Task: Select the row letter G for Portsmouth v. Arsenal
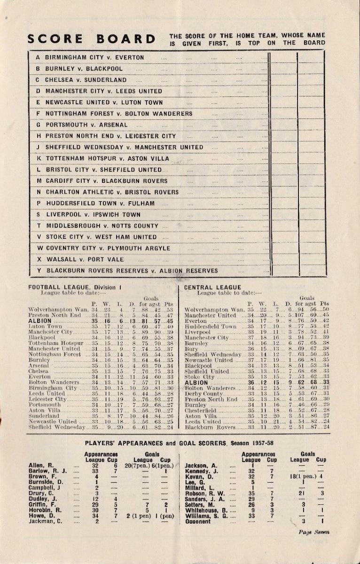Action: click(x=38, y=125)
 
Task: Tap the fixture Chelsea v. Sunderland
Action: click(x=86, y=80)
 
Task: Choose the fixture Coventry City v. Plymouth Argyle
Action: click(x=108, y=248)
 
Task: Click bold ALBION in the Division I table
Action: click(x=39, y=321)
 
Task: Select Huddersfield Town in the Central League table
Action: click(x=210, y=326)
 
